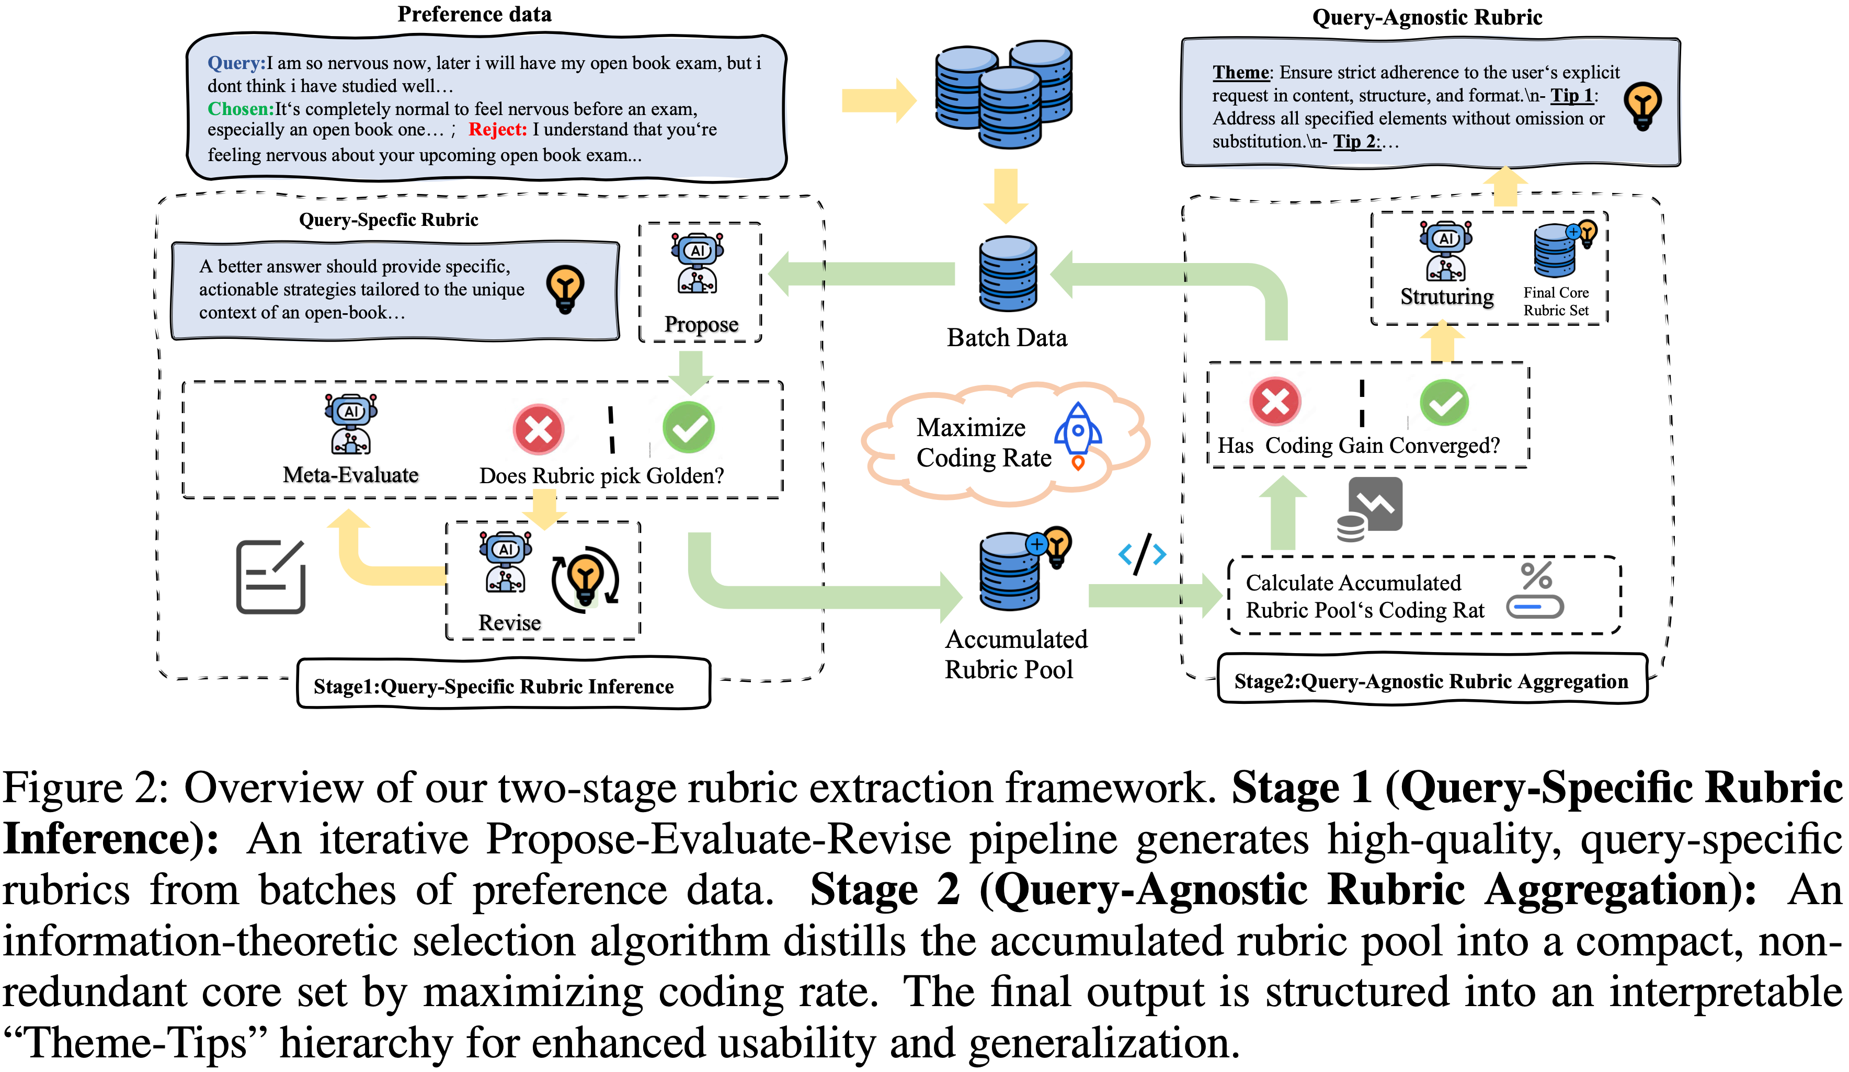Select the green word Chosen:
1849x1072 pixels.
tap(240, 109)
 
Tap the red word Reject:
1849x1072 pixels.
tap(497, 130)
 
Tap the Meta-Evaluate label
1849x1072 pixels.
tap(351, 475)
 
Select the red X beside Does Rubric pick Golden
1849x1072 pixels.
tap(538, 429)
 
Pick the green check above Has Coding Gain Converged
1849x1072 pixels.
tap(1443, 402)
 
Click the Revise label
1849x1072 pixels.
tap(509, 622)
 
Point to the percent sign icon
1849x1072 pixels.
tap(1536, 576)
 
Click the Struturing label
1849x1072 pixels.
tap(1446, 296)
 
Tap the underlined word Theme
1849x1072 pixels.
tap(1240, 73)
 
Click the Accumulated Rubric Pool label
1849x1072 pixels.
tap(1015, 654)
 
